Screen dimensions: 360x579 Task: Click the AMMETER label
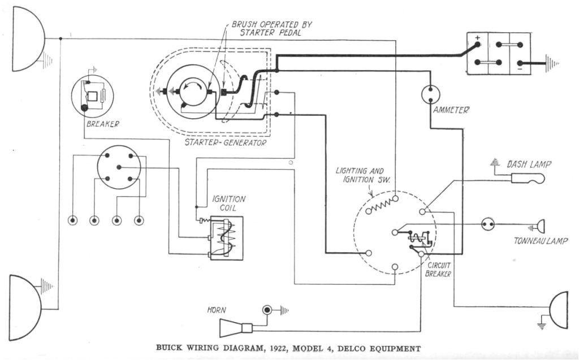451,110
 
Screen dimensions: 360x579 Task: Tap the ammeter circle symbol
431,94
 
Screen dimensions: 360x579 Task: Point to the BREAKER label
102,124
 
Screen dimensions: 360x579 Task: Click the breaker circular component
92,95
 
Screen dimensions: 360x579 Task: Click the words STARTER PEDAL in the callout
271,33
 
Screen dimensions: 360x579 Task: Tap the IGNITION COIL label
228,203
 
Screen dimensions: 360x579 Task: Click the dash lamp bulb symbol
527,179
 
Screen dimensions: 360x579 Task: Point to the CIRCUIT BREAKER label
439,270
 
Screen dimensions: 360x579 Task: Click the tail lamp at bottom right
559,310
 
